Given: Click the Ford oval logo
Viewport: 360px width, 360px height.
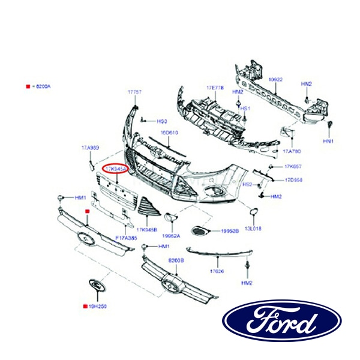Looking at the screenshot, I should (282, 320).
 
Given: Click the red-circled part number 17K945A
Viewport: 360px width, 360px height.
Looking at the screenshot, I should (115, 170).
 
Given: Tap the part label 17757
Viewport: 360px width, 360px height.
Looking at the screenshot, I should (135, 92).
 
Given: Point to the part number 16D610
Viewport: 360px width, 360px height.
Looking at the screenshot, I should (169, 133).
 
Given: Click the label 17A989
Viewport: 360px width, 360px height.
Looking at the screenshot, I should (90, 147).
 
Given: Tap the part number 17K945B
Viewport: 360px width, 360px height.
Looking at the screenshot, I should (146, 230).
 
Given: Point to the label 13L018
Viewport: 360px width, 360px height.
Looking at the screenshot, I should (254, 229).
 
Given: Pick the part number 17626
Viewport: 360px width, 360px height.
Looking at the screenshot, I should (217, 271).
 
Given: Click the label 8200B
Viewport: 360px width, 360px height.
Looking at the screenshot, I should (176, 260).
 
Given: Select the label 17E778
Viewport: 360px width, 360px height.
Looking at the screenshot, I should (215, 88).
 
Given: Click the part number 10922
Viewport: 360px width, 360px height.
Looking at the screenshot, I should (275, 79).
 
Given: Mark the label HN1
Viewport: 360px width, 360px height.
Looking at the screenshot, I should (328, 141).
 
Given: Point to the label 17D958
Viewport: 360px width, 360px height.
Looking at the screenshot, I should (293, 179).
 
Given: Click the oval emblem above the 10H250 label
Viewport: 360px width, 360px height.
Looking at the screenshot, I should (95, 286).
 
